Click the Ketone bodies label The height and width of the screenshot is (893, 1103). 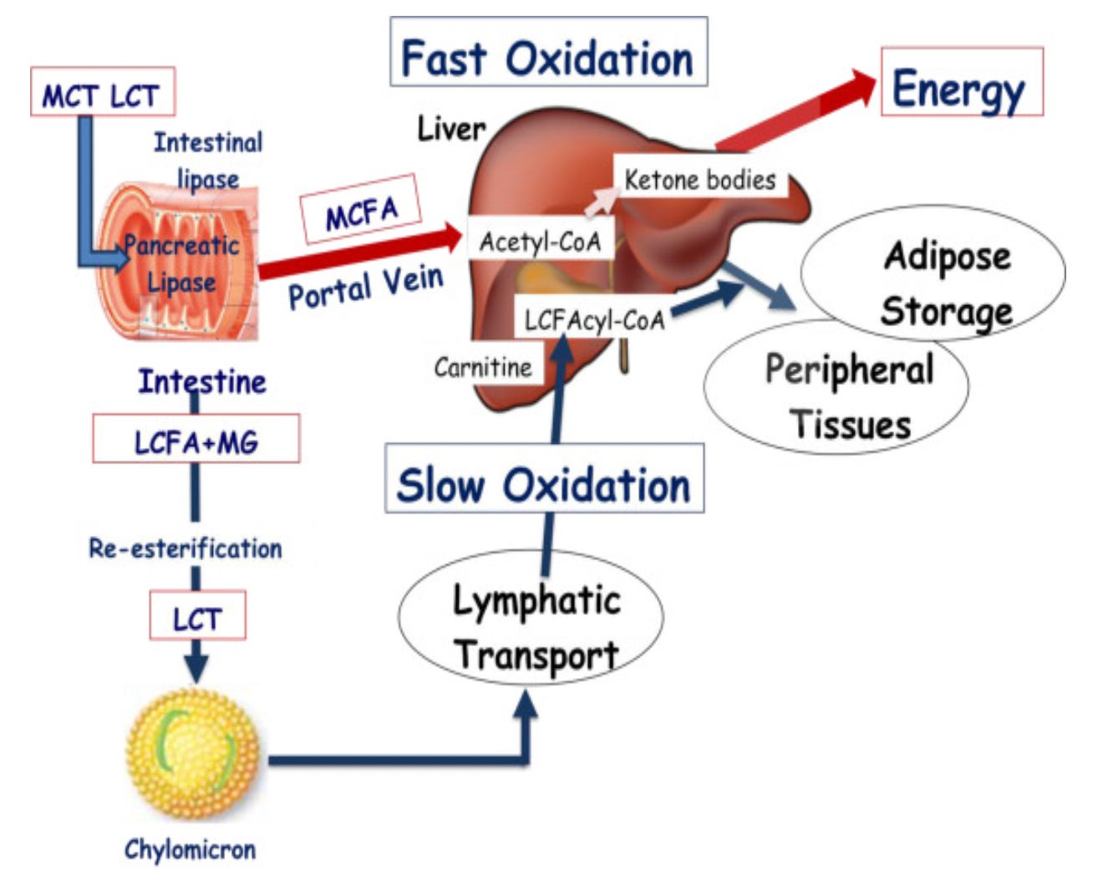coord(700,179)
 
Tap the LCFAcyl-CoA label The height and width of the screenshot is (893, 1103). coord(595,319)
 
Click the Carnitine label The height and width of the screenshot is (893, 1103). coord(483,367)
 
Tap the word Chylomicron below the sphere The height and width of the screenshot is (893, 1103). coord(191,850)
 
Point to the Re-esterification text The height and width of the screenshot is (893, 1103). coord(186,549)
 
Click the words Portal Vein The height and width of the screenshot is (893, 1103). coord(365,286)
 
